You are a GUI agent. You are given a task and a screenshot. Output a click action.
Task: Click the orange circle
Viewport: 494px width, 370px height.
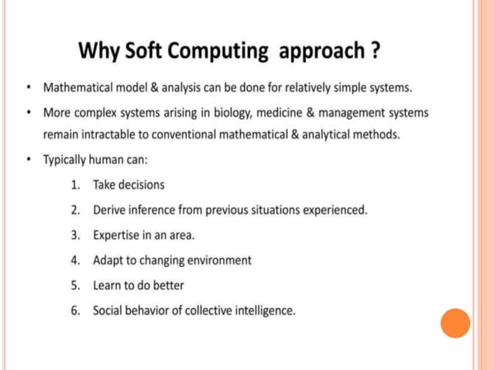(455, 323)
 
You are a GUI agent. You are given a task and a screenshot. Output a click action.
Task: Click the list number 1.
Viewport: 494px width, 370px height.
(75, 185)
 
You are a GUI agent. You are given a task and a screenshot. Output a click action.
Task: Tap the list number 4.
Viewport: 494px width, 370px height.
(75, 260)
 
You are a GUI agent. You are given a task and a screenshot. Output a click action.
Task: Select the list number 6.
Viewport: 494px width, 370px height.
(75, 310)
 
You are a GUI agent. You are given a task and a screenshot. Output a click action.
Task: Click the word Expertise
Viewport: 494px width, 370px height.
(118, 235)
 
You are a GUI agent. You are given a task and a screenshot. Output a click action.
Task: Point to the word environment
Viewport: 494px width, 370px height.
(216, 260)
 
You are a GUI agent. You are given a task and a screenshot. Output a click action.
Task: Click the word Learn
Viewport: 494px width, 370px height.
(107, 285)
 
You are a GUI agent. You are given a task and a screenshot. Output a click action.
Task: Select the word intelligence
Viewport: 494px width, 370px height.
(261, 310)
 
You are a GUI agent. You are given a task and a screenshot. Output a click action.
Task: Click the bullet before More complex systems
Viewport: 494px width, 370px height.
(27, 113)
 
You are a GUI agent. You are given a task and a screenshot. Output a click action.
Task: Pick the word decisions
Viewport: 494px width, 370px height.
(141, 185)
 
